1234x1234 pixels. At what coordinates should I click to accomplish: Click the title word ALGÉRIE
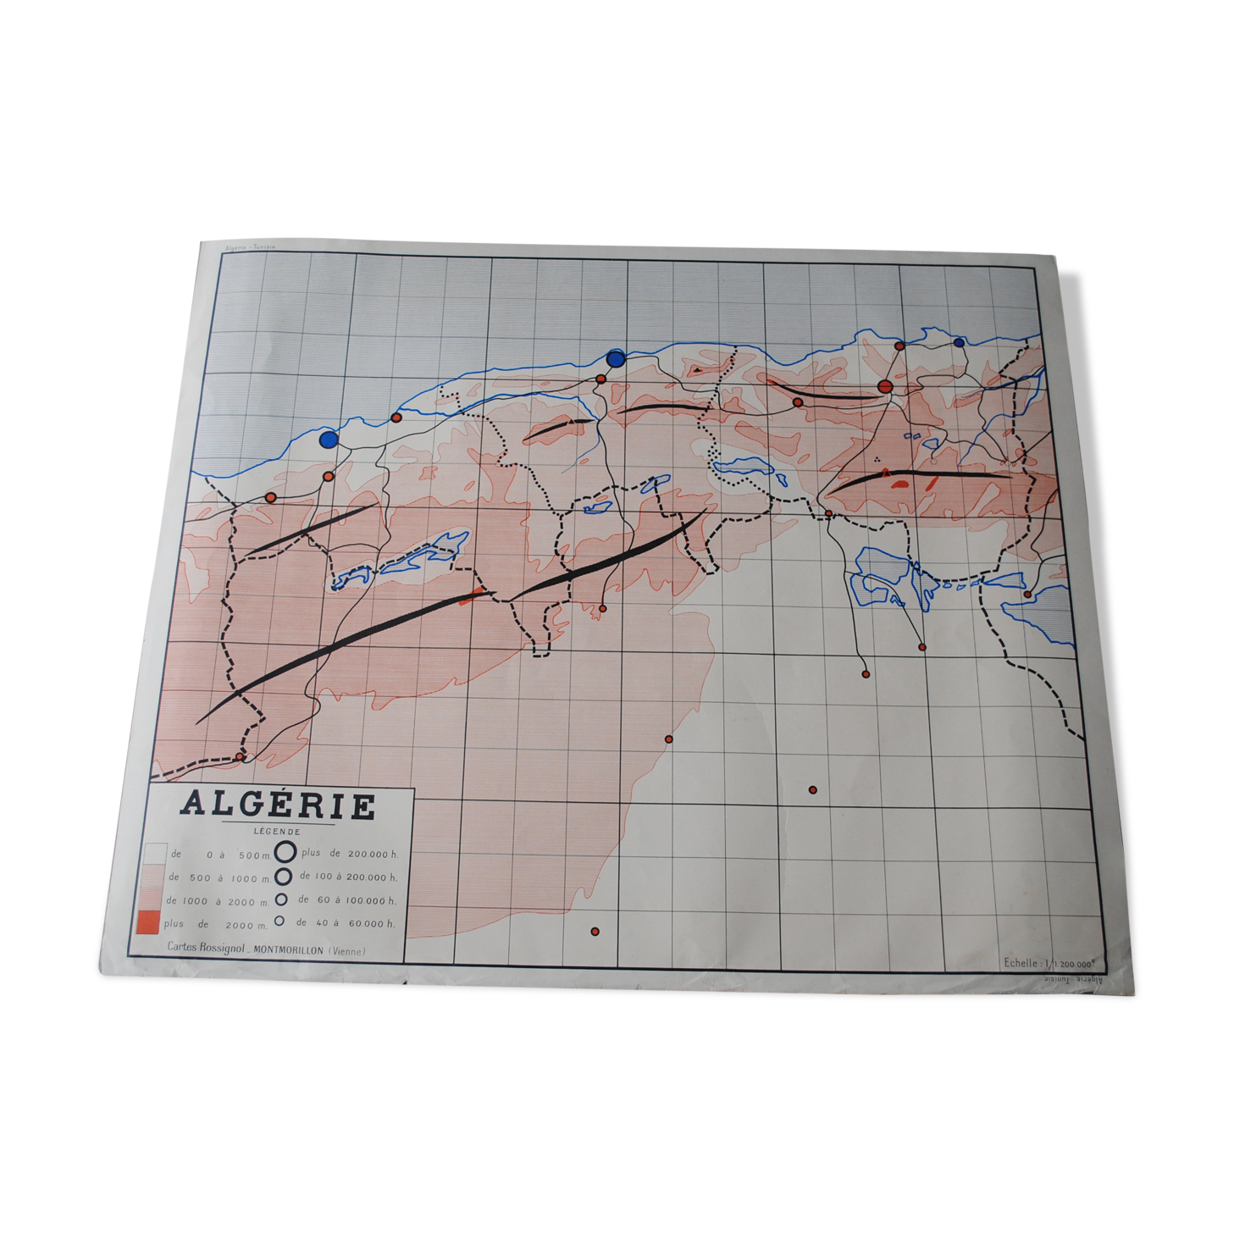pyautogui.click(x=278, y=805)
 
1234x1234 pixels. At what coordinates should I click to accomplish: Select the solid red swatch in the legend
pyautogui.click(x=147, y=921)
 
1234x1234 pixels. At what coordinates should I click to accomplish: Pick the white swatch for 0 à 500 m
pyautogui.click(x=154, y=853)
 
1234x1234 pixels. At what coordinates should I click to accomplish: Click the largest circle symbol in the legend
pyautogui.click(x=285, y=852)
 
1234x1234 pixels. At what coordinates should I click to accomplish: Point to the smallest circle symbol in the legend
pyautogui.click(x=279, y=921)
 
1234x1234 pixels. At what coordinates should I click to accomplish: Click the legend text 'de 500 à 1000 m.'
pyautogui.click(x=219, y=877)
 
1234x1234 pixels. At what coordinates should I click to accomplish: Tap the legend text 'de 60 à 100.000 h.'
pyautogui.click(x=347, y=900)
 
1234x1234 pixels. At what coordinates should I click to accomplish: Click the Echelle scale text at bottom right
pyautogui.click(x=1049, y=962)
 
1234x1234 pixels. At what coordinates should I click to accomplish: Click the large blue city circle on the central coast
pyautogui.click(x=616, y=358)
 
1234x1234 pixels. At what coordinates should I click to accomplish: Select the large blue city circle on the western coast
pyautogui.click(x=329, y=439)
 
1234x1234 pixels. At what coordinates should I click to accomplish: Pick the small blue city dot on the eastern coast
pyautogui.click(x=959, y=342)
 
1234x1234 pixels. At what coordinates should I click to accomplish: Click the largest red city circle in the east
pyautogui.click(x=886, y=387)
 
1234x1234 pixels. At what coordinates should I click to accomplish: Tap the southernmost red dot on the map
pyautogui.click(x=595, y=932)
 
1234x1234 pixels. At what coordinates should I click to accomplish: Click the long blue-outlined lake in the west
pyautogui.click(x=423, y=555)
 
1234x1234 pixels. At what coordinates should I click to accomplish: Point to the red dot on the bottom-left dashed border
pyautogui.click(x=241, y=756)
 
